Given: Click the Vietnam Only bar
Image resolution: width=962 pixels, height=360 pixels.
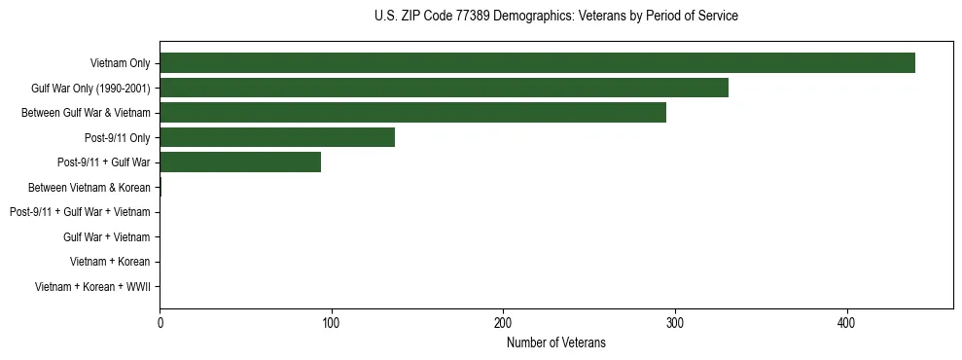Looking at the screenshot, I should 537,62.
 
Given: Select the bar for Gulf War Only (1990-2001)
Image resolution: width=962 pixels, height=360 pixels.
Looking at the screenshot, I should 444,88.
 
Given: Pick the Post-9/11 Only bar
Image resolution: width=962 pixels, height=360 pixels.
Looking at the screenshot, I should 277,137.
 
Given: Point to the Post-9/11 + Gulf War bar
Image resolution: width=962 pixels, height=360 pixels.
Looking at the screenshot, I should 240,162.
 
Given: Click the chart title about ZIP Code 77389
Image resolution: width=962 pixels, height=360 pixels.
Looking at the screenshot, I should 555,17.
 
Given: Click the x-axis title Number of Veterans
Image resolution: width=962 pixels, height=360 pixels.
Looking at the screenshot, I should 555,342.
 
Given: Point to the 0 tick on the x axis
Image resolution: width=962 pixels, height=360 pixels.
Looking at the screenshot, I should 160,322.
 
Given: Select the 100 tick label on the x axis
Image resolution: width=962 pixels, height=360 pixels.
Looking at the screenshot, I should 332,322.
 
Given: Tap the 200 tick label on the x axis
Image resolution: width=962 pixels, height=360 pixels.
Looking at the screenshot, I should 503,322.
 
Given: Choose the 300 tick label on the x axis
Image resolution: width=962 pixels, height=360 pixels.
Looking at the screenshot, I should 675,322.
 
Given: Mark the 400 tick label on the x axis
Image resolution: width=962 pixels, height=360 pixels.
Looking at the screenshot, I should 847,322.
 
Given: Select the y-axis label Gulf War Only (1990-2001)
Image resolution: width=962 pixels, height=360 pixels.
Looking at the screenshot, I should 90,89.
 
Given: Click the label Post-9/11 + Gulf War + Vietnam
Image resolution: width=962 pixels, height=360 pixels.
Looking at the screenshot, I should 80,212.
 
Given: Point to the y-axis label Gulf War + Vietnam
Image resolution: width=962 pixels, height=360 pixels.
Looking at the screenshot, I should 106,237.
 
